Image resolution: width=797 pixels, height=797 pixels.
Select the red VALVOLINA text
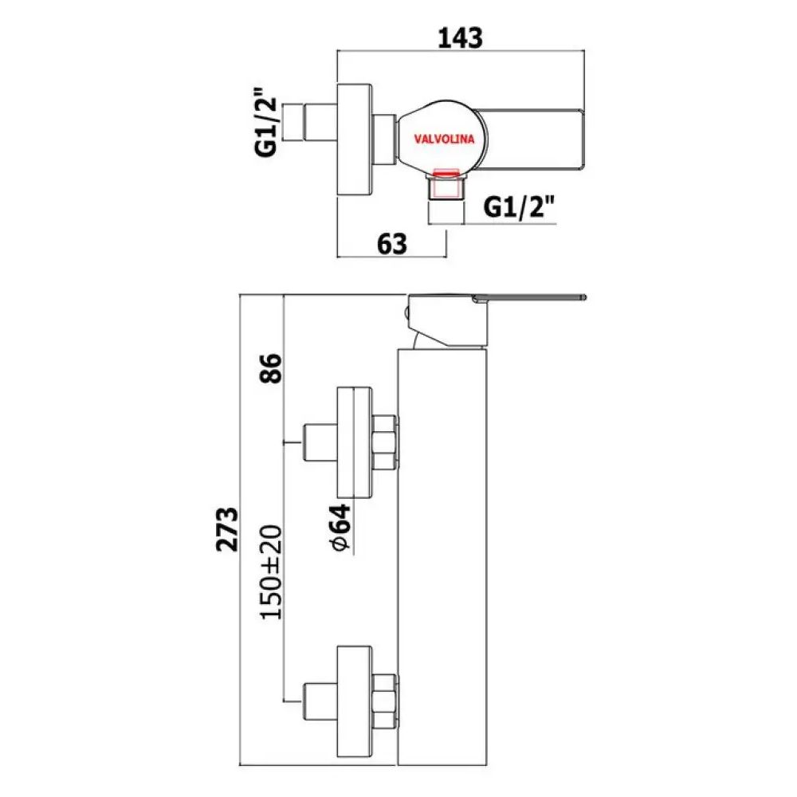444,139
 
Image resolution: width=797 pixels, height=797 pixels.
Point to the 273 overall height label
229,528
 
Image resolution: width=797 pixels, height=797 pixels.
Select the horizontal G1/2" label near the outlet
520,209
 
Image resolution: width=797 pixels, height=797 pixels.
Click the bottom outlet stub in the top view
446,190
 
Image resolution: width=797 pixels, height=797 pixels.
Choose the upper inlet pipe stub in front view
320,441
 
